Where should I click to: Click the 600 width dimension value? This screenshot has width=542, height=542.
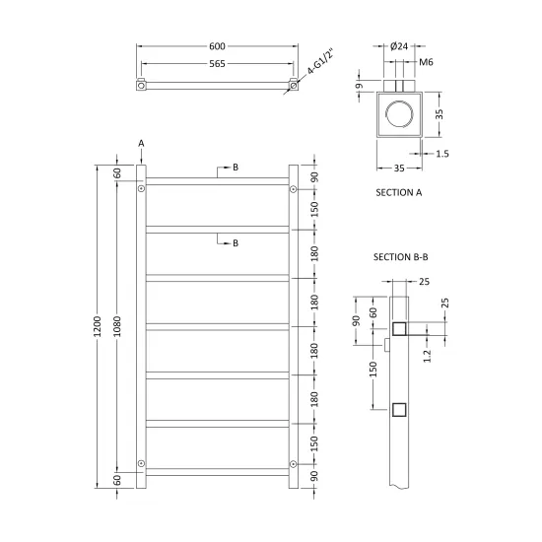coord(217,46)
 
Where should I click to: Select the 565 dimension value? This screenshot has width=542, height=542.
coord(217,64)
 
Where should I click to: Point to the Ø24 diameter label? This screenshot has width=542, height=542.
coord(399,46)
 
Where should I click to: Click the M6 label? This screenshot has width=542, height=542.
coord(426,62)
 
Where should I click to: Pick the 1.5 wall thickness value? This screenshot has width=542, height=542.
coord(442,154)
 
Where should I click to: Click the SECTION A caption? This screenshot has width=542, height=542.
coord(399,192)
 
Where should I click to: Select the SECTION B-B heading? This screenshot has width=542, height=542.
coord(401,257)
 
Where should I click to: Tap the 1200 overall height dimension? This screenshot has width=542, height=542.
coord(98,326)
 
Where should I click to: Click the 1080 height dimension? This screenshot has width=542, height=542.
coord(117,326)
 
